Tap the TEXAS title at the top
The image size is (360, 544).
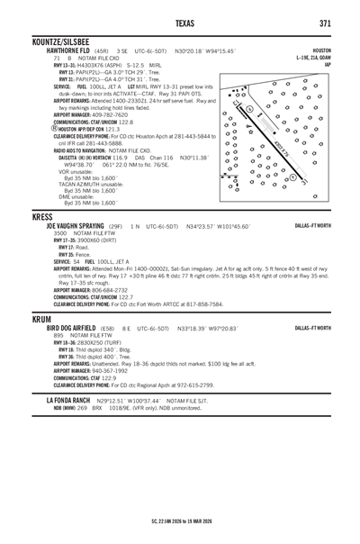[180, 22]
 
